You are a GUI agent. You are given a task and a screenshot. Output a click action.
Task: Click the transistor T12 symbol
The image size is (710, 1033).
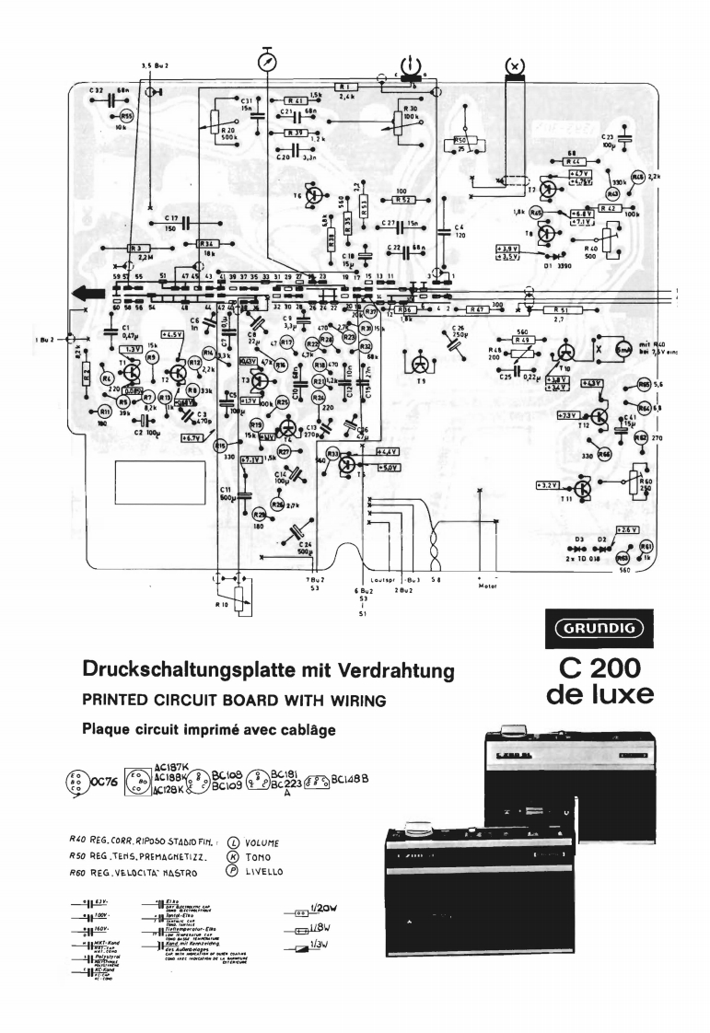pos(599,416)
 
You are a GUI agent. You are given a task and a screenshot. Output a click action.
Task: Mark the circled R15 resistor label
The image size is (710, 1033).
pos(221,447)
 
